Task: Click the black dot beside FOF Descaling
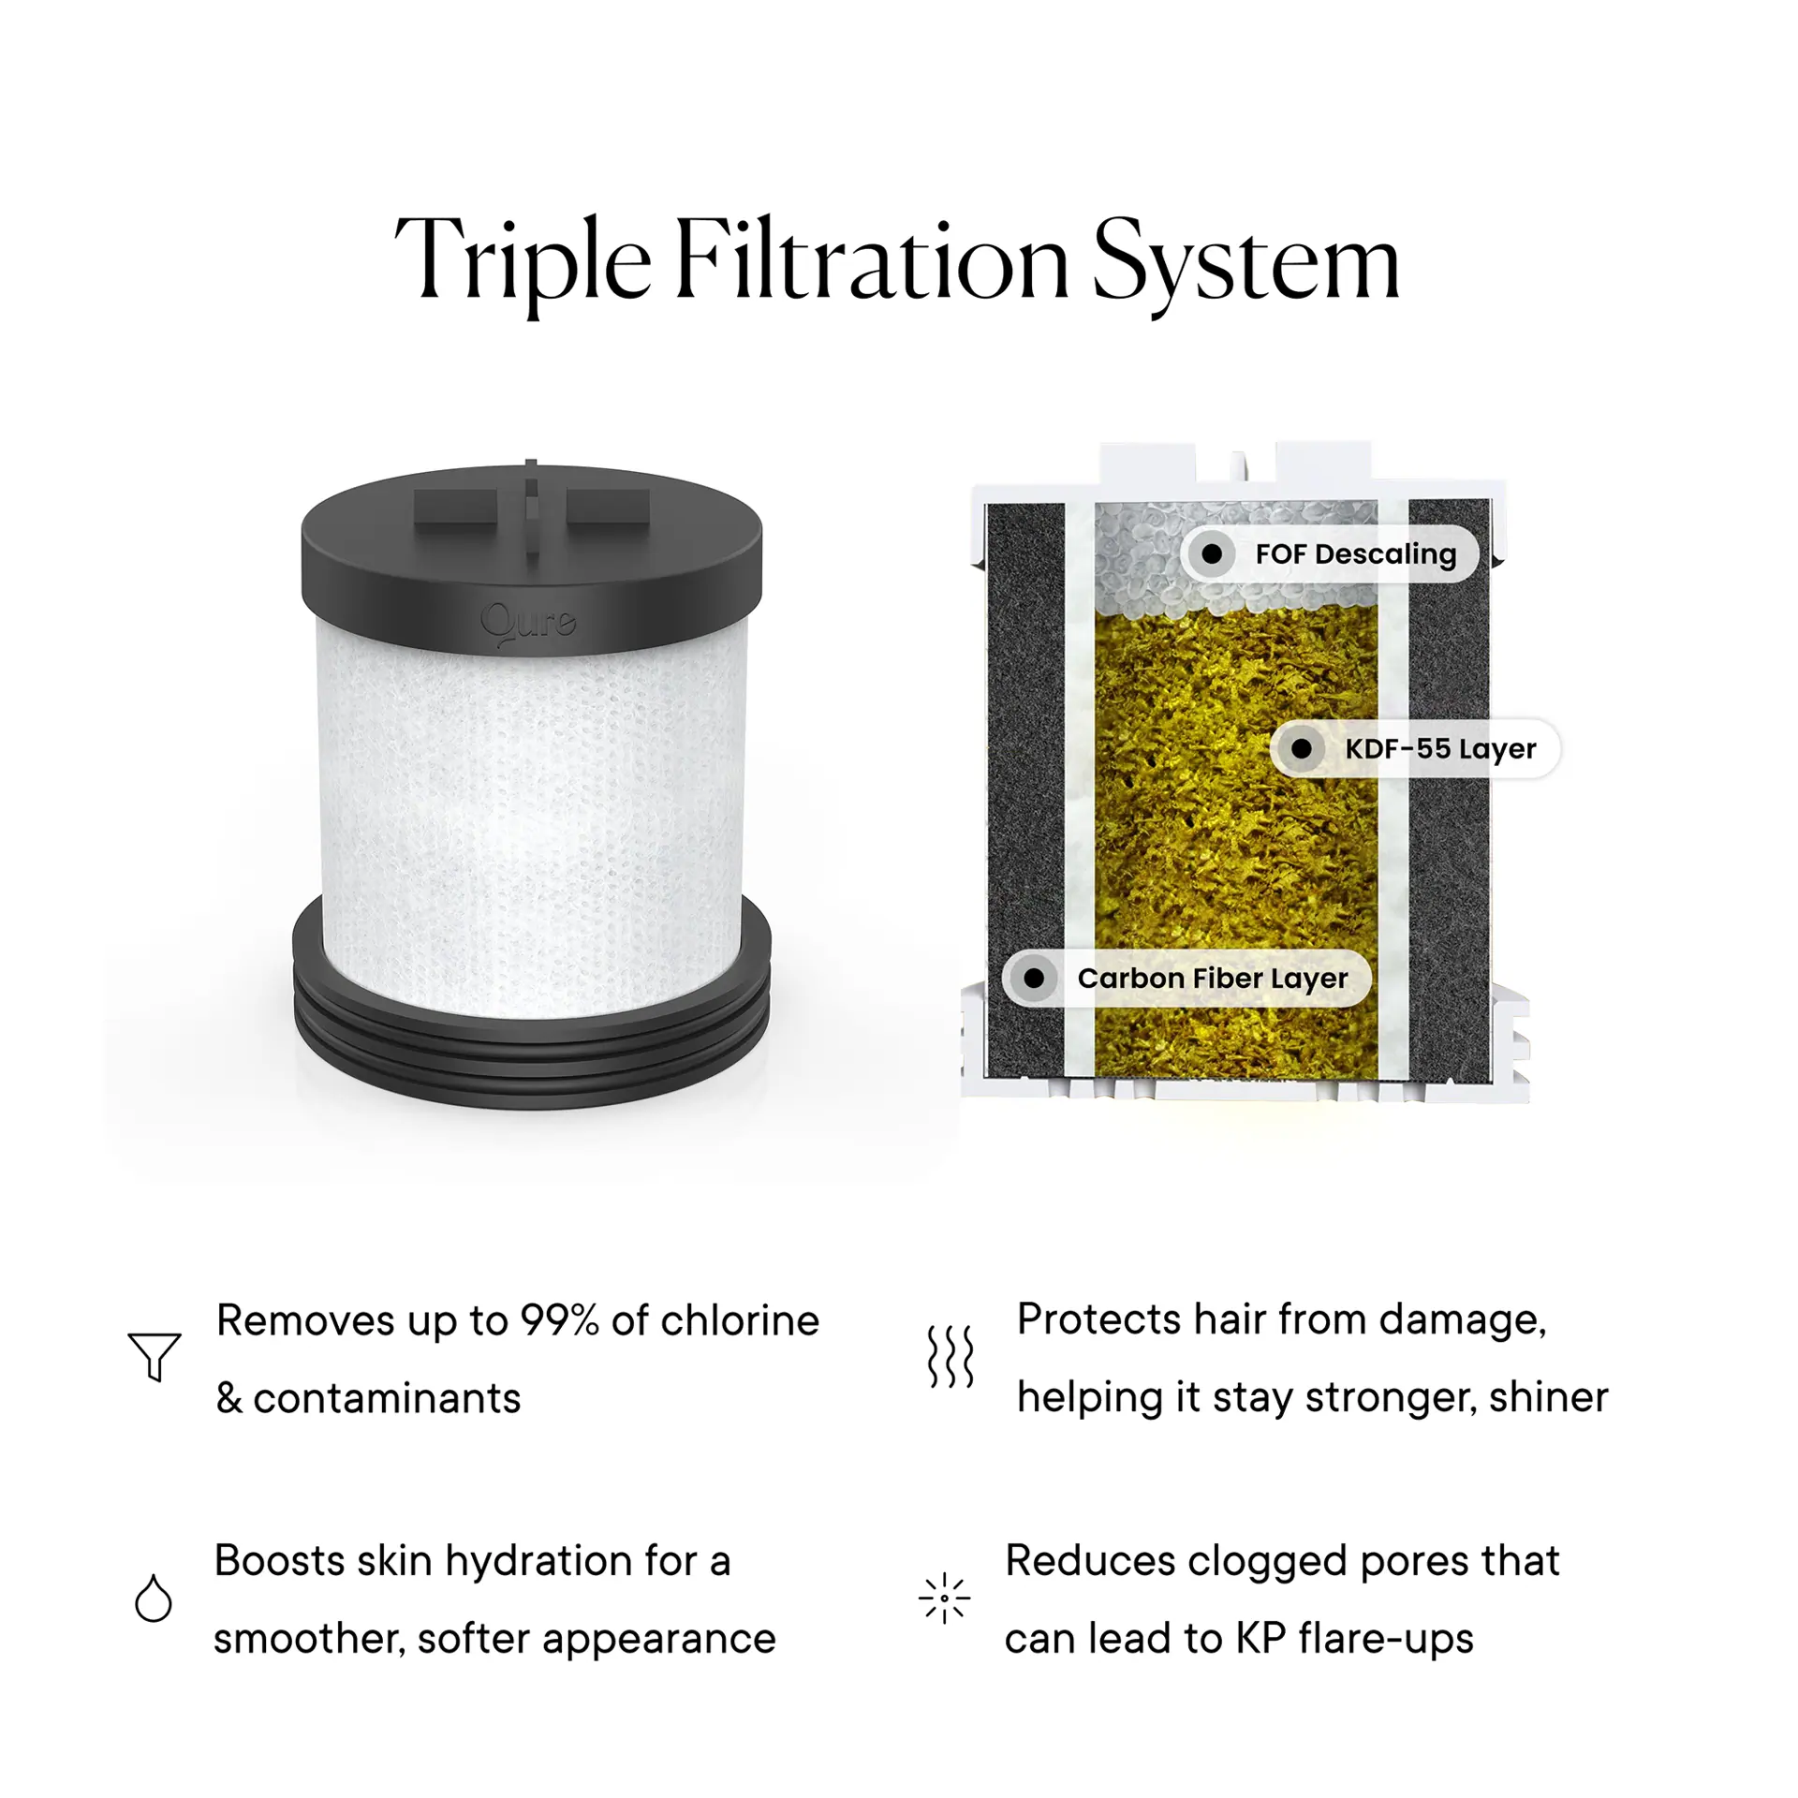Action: [x=1212, y=553]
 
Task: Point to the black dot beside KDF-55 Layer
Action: [x=1302, y=748]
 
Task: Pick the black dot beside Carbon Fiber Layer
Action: [x=1034, y=978]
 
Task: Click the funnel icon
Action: [x=154, y=1354]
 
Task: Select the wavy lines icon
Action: [x=951, y=1355]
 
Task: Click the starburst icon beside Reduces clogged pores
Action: [x=944, y=1598]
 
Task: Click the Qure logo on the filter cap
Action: [x=528, y=621]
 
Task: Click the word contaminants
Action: [x=387, y=1398]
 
